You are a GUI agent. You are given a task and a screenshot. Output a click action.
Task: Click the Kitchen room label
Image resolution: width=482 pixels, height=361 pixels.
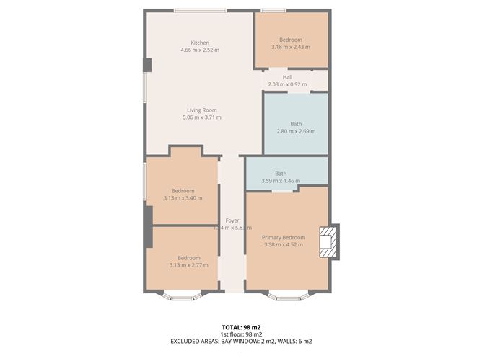[200, 43]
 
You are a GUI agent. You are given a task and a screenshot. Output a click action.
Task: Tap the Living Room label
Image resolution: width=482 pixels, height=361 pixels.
[201, 110]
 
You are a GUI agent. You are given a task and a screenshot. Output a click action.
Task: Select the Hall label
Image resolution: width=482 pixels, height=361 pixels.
[287, 77]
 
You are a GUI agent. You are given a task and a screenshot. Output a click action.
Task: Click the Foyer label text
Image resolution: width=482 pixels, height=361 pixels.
[232, 220]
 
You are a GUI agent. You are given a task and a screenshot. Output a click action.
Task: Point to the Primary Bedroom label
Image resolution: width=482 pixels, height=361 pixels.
[283, 237]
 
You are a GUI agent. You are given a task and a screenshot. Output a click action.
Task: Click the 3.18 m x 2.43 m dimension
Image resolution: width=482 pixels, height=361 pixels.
[291, 47]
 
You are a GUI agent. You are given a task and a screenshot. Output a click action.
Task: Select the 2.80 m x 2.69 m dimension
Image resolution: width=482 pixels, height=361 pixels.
[296, 131]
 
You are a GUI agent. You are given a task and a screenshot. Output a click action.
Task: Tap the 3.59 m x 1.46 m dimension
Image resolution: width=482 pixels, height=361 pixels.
[281, 181]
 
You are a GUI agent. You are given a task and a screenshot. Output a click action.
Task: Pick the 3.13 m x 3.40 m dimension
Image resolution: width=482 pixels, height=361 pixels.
[183, 198]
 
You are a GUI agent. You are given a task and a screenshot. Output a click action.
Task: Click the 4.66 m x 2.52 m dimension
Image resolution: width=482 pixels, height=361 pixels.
[200, 50]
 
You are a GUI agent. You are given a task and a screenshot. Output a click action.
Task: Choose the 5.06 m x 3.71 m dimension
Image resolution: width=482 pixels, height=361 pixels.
[201, 117]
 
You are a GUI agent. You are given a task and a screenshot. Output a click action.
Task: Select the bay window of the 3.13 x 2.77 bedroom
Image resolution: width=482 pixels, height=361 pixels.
[182, 295]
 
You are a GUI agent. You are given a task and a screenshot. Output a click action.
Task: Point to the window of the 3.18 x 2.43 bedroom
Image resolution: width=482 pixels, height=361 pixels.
[272, 10]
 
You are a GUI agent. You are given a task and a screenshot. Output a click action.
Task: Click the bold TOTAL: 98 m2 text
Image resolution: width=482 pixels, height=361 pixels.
[241, 327]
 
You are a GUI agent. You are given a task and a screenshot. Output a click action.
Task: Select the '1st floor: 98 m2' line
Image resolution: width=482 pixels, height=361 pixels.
[241, 334]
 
